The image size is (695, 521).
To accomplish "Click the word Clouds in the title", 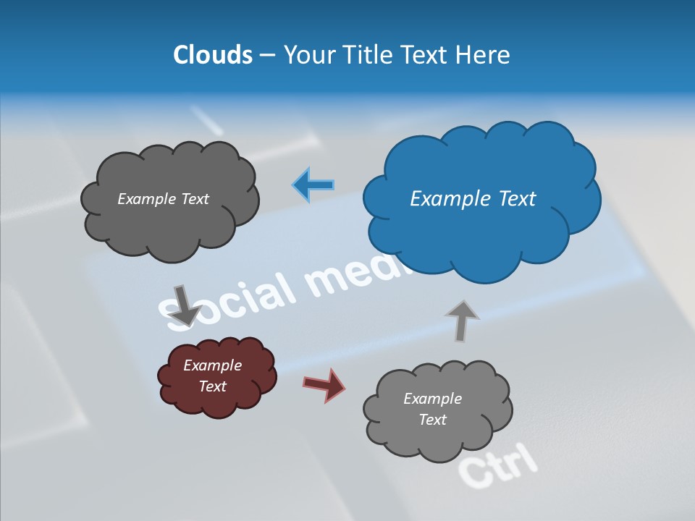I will (x=213, y=55).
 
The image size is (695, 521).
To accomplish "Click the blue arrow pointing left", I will (x=313, y=185).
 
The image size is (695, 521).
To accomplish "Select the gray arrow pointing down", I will (x=185, y=305).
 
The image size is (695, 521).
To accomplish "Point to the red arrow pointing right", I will (x=324, y=384).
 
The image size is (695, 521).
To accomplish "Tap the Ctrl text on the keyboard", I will (x=498, y=465).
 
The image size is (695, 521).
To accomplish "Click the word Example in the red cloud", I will (x=212, y=365).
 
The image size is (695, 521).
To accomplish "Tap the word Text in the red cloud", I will (x=212, y=386).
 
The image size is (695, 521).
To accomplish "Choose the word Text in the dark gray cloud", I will (x=194, y=199).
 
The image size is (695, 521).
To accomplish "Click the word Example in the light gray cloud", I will (x=432, y=399).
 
